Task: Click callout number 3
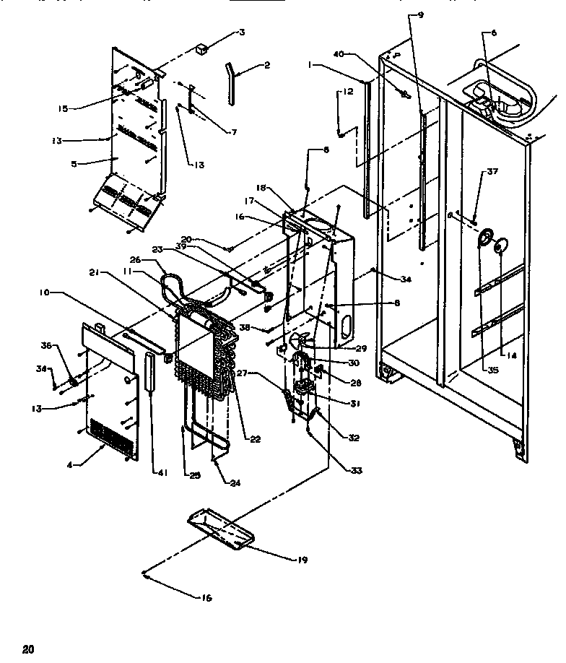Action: point(242,32)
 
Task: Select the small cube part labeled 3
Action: point(202,51)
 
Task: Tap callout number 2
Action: point(266,65)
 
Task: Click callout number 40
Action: point(340,53)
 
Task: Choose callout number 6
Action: point(494,32)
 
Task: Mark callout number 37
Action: point(492,172)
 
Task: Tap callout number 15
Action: point(63,108)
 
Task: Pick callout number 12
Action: point(347,92)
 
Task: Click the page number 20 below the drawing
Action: point(28,648)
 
